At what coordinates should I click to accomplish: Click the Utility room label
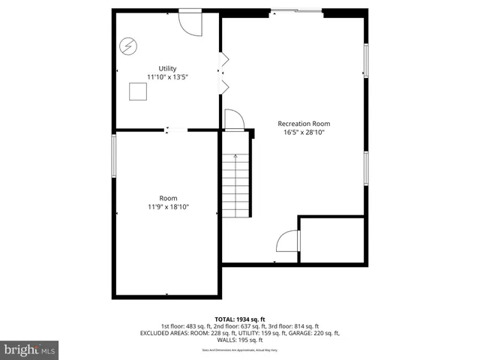pos(166,68)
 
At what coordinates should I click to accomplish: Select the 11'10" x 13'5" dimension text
pos(166,76)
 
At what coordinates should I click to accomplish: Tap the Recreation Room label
pos(304,124)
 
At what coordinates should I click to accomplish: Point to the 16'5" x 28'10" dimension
pos(304,132)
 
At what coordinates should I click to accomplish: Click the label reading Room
pos(168,198)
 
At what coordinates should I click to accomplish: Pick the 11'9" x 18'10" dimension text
pos(168,206)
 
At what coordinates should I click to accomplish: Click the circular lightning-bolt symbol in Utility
pos(128,46)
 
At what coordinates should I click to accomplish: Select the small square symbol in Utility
pos(138,91)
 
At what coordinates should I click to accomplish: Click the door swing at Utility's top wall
pos(190,21)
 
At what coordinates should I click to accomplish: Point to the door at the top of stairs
pos(233,120)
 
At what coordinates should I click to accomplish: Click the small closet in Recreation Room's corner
pos(333,240)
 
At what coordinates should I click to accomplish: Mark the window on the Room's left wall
pos(114,157)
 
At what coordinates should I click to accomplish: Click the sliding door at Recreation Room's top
pos(297,10)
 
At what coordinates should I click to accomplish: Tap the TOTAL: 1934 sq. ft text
pos(240,319)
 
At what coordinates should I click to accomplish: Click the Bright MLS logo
pos(30,349)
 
